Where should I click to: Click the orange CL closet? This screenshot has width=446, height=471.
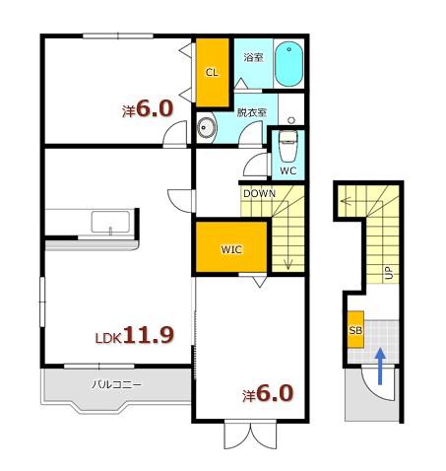pos(212,72)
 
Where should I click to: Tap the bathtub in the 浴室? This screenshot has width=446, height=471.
pos(288,64)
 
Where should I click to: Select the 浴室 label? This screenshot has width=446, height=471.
pos(253,58)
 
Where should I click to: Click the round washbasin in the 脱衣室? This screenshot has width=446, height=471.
pos(207,127)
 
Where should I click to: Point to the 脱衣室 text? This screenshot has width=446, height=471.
pos(252,112)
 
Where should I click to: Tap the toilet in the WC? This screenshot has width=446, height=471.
pos(288,146)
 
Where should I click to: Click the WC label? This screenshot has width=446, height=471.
pos(288,170)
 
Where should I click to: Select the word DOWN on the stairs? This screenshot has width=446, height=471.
pos(259,194)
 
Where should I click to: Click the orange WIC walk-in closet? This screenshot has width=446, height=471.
pos(231,247)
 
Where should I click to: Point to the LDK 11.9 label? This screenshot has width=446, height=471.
pos(135,335)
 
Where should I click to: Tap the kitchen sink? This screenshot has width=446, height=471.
pos(110,223)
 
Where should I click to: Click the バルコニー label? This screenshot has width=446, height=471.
pos(116,384)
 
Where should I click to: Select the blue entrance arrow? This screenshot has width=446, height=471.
pos(380,366)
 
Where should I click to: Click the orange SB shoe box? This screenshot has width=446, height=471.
pos(355,329)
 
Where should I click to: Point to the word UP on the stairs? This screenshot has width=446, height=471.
pos(389,272)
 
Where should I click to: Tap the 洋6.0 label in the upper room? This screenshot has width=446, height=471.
pos(148,108)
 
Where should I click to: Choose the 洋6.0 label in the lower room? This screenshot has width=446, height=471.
pos(268,393)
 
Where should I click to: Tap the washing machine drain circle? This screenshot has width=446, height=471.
pos(291,120)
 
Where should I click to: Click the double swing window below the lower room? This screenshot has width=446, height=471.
pos(250,436)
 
